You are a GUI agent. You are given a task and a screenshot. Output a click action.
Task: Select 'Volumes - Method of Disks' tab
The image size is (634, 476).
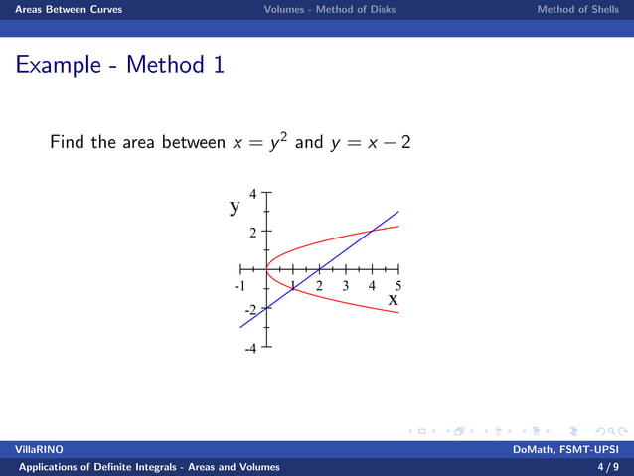click(x=329, y=10)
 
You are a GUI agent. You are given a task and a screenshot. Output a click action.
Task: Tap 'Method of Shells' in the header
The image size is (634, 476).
click(x=578, y=10)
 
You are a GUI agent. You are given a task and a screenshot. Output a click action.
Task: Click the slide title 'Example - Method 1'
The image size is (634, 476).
click(x=119, y=66)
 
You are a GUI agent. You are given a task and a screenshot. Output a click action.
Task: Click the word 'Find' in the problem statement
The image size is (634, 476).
click(x=68, y=143)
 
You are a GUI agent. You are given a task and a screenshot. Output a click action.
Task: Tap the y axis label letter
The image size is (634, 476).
click(x=236, y=207)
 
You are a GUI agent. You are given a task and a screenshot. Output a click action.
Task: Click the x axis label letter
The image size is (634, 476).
click(x=393, y=298)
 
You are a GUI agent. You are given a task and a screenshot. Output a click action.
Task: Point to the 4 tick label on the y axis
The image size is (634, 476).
click(x=253, y=195)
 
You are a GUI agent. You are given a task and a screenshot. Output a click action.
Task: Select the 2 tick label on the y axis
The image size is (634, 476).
click(x=253, y=233)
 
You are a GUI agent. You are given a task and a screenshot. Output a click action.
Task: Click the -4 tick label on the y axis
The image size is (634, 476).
click(x=250, y=349)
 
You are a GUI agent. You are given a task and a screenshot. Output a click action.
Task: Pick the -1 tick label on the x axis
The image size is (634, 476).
click(x=238, y=286)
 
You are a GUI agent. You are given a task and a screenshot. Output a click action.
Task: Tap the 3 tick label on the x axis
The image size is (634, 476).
click(x=345, y=286)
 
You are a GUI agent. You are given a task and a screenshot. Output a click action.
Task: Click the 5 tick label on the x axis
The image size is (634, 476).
click(x=397, y=286)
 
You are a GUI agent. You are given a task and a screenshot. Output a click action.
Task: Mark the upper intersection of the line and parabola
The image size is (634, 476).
click(x=372, y=232)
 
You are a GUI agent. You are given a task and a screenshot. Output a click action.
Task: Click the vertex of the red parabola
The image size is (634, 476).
click(x=266, y=269)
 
